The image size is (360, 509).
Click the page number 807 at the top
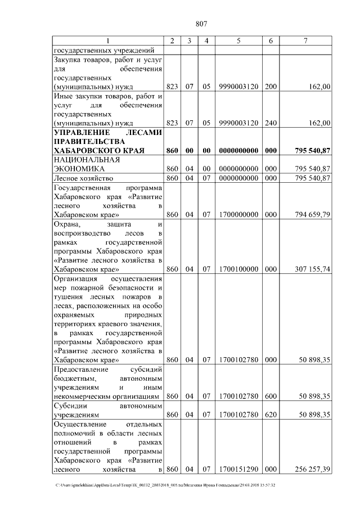(x=202, y=24)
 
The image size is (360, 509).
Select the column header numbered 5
(x=238, y=40)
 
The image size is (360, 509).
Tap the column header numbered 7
(x=305, y=40)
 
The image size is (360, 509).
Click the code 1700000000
(x=238, y=214)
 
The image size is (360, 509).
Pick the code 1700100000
(x=238, y=269)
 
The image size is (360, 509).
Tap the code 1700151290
(x=238, y=469)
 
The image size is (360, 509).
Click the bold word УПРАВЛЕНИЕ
(x=78, y=133)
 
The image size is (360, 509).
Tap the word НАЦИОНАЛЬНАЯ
(x=83, y=160)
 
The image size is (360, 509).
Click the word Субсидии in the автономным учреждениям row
(x=70, y=406)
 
